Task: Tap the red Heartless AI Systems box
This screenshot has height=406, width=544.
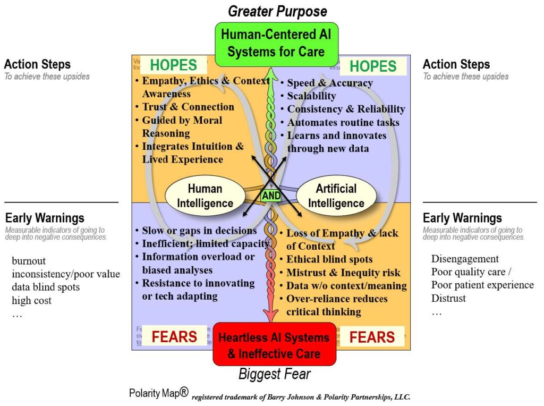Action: (274, 345)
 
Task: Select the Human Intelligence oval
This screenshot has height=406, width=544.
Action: (205, 196)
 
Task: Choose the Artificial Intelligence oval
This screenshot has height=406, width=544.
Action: (336, 196)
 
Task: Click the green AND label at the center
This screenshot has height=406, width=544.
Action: (271, 196)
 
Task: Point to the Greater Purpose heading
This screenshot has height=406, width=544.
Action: (277, 11)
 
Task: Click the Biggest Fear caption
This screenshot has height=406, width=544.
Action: (274, 374)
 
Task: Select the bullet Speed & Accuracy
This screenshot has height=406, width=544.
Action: (329, 83)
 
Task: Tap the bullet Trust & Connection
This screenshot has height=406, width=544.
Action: (188, 107)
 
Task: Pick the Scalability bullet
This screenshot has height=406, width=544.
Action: (311, 96)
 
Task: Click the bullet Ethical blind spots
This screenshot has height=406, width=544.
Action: (329, 259)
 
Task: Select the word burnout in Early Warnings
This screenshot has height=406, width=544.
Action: (29, 261)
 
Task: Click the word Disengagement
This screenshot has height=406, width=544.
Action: (465, 259)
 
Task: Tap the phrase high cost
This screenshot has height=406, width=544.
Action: (32, 300)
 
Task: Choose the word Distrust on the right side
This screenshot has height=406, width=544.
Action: (448, 298)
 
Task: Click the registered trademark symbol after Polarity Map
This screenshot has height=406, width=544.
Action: (183, 392)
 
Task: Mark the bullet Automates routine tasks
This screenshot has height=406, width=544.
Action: (343, 122)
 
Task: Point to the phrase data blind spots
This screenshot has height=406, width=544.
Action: (46, 287)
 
